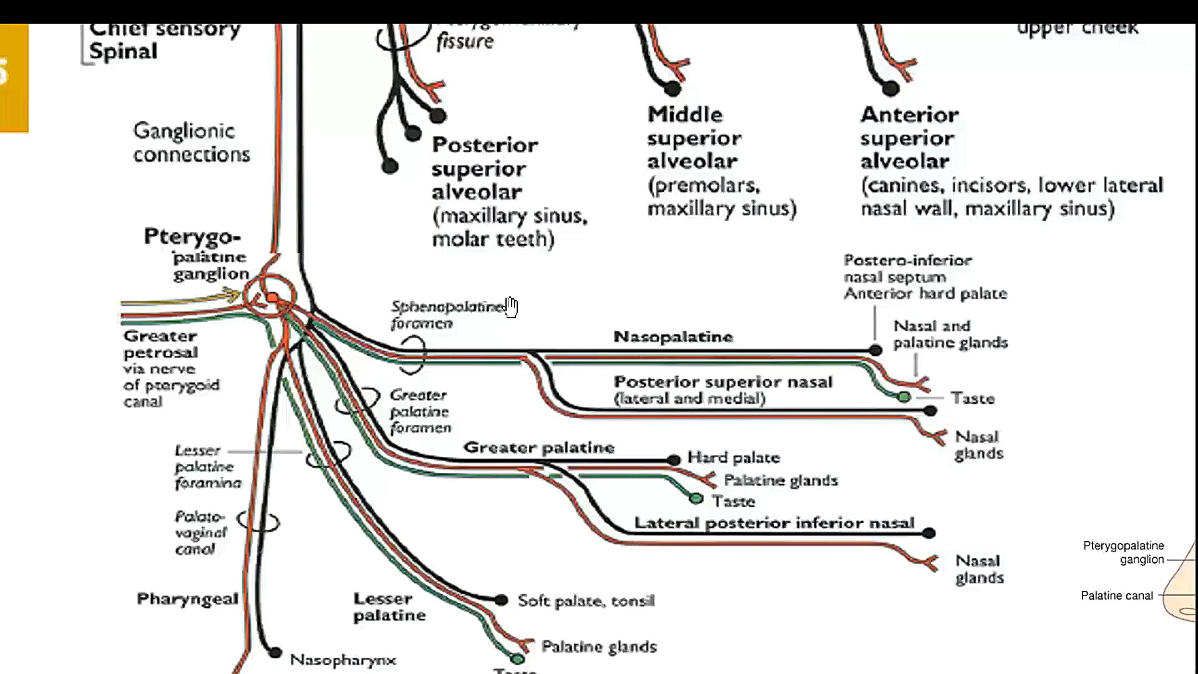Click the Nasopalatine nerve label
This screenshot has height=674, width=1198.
(x=673, y=337)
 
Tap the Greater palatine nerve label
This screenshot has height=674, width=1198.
(x=538, y=447)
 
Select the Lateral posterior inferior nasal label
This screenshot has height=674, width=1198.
(x=774, y=523)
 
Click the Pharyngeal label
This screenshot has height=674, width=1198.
(x=187, y=599)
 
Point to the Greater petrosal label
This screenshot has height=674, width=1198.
(x=160, y=344)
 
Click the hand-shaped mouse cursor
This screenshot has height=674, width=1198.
(x=511, y=307)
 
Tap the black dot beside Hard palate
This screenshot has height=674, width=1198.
(x=673, y=460)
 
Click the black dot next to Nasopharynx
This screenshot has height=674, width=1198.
(x=275, y=653)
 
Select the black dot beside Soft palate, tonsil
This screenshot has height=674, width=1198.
(x=501, y=600)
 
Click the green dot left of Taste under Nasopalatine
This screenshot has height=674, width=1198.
(x=904, y=397)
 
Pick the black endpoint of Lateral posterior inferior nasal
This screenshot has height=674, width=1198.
(x=928, y=533)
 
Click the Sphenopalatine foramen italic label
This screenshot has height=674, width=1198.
(x=446, y=315)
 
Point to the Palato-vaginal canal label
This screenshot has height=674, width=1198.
(x=200, y=533)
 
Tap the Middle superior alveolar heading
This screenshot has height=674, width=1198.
(x=693, y=138)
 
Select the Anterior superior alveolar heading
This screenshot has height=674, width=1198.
(x=909, y=138)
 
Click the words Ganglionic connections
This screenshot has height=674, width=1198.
(x=191, y=142)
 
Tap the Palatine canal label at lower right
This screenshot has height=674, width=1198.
(x=1116, y=596)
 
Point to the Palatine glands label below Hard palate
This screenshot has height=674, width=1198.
(x=780, y=481)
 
